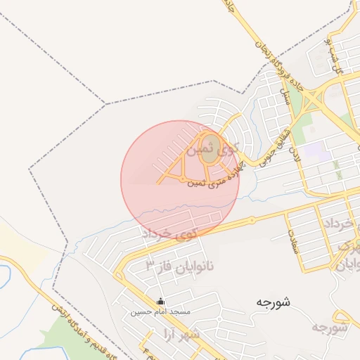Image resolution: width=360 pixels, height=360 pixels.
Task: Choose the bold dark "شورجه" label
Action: click(x=274, y=302)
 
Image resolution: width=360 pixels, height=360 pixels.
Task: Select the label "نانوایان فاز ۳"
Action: click(x=184, y=266)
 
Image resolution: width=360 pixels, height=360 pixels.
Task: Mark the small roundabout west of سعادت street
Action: click(x=250, y=221)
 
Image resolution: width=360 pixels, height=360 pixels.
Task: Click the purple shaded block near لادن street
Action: click(x=315, y=150)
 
